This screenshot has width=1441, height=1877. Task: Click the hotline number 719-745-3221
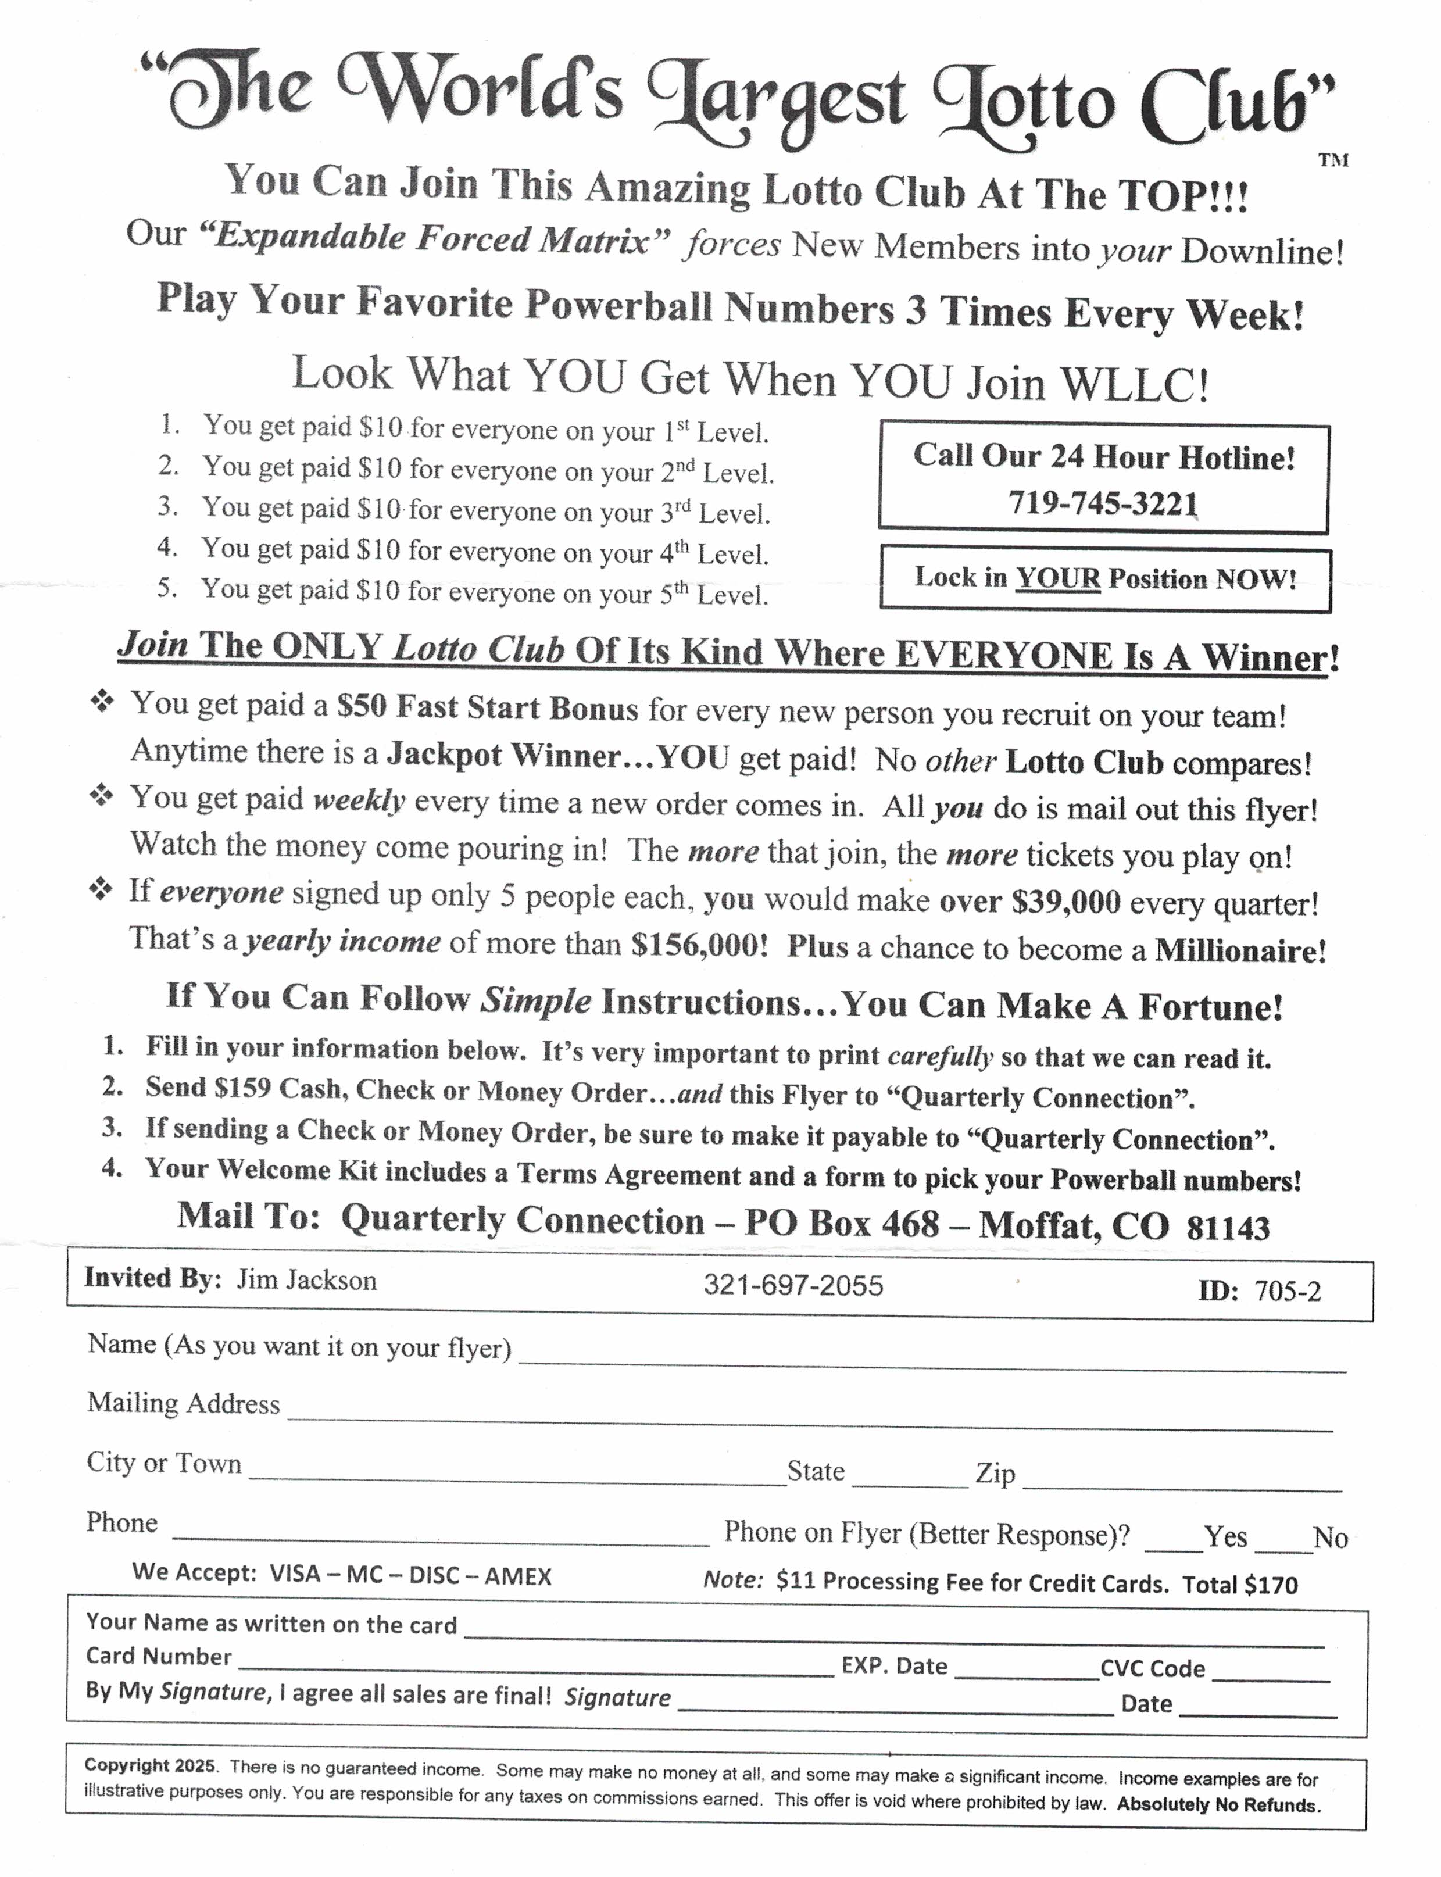[x=1103, y=503]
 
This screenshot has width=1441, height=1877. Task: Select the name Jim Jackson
[x=306, y=1280]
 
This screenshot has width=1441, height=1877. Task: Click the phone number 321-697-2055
[x=792, y=1285]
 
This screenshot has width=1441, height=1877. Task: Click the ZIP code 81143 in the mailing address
[x=1228, y=1228]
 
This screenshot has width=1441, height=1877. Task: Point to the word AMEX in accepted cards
[x=517, y=1576]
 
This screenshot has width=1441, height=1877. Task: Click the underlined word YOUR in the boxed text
[x=1057, y=578]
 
